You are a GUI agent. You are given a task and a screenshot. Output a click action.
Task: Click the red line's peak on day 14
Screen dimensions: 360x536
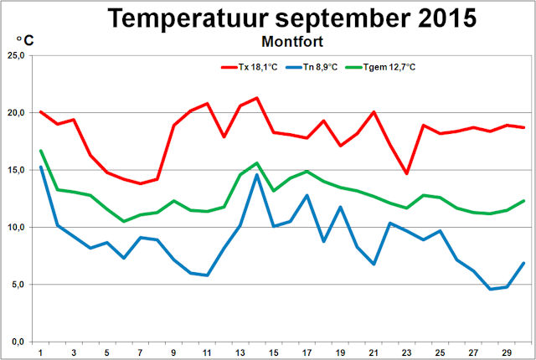[x=256, y=98]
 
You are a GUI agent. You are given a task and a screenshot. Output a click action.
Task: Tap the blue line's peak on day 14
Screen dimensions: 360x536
[x=256, y=174]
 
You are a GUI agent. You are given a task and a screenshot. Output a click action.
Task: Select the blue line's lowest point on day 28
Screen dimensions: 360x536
[x=489, y=289]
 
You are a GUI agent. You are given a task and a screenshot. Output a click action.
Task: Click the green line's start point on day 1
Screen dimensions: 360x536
[x=41, y=151]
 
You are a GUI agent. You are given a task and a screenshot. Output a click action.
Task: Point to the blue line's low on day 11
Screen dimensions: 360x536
[x=207, y=275]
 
